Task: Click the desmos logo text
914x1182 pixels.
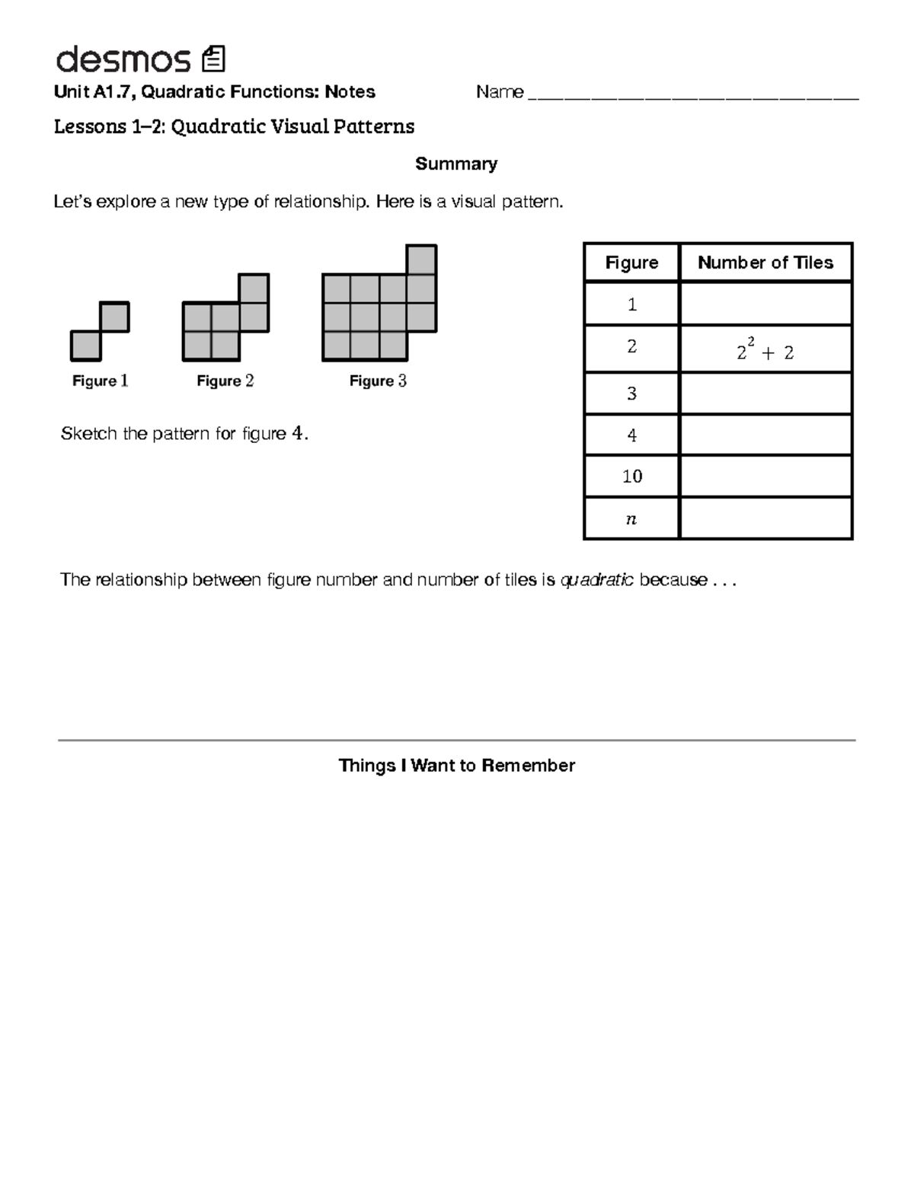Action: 122,59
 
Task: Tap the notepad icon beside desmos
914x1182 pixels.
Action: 213,59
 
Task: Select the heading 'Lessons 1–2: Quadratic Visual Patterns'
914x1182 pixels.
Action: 234,126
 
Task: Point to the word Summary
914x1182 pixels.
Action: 455,164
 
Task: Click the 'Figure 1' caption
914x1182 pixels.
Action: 100,381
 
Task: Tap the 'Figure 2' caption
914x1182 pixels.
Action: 225,381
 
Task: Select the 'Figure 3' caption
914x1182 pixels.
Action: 378,381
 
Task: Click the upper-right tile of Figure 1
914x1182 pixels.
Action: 114,317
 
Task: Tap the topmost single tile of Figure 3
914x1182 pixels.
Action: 421,260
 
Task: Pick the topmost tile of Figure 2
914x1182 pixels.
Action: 254,288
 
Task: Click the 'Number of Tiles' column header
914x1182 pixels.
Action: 765,263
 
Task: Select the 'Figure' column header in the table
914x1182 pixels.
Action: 631,263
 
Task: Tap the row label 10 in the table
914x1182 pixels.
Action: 631,476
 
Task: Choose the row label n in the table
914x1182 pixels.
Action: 631,519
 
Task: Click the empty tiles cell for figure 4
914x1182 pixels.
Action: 765,435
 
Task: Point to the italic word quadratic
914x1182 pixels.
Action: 596,580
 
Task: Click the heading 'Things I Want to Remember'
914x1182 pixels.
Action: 456,766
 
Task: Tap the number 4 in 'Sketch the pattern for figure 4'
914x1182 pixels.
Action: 298,434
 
